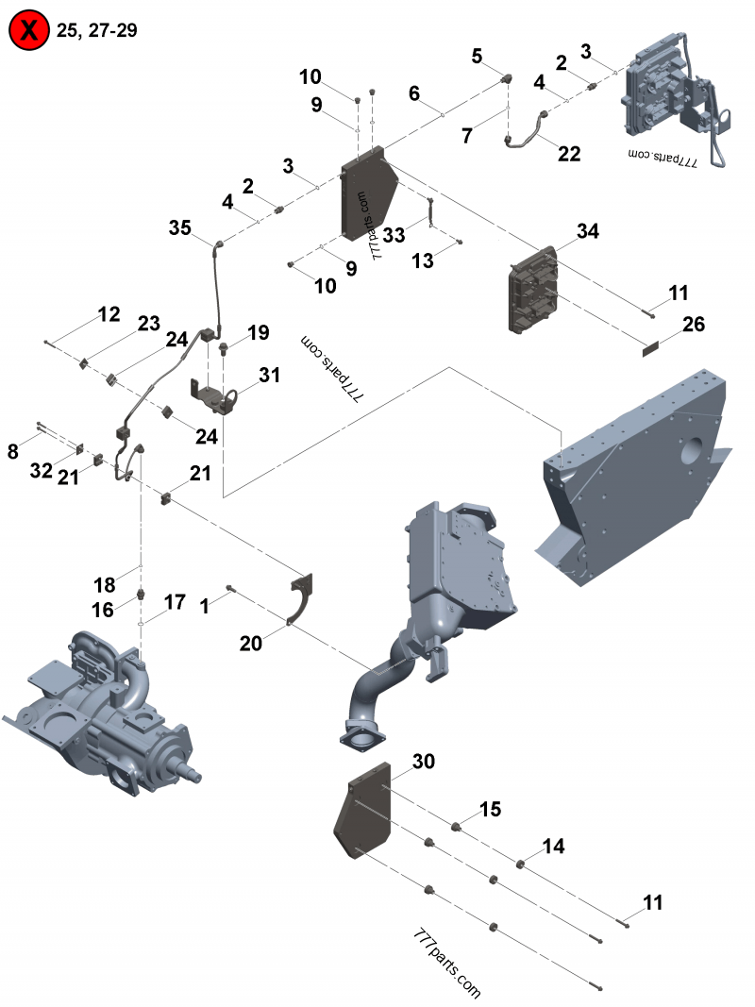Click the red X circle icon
point(30,31)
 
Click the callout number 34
point(588,231)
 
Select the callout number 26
point(694,325)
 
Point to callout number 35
point(180,227)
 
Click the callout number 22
point(569,154)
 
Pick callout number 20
point(250,643)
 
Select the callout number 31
point(270,375)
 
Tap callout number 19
point(259,332)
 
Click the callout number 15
point(490,809)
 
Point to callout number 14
point(553,847)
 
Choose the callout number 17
point(175,601)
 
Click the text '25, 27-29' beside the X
point(97,30)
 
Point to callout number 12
point(109,313)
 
